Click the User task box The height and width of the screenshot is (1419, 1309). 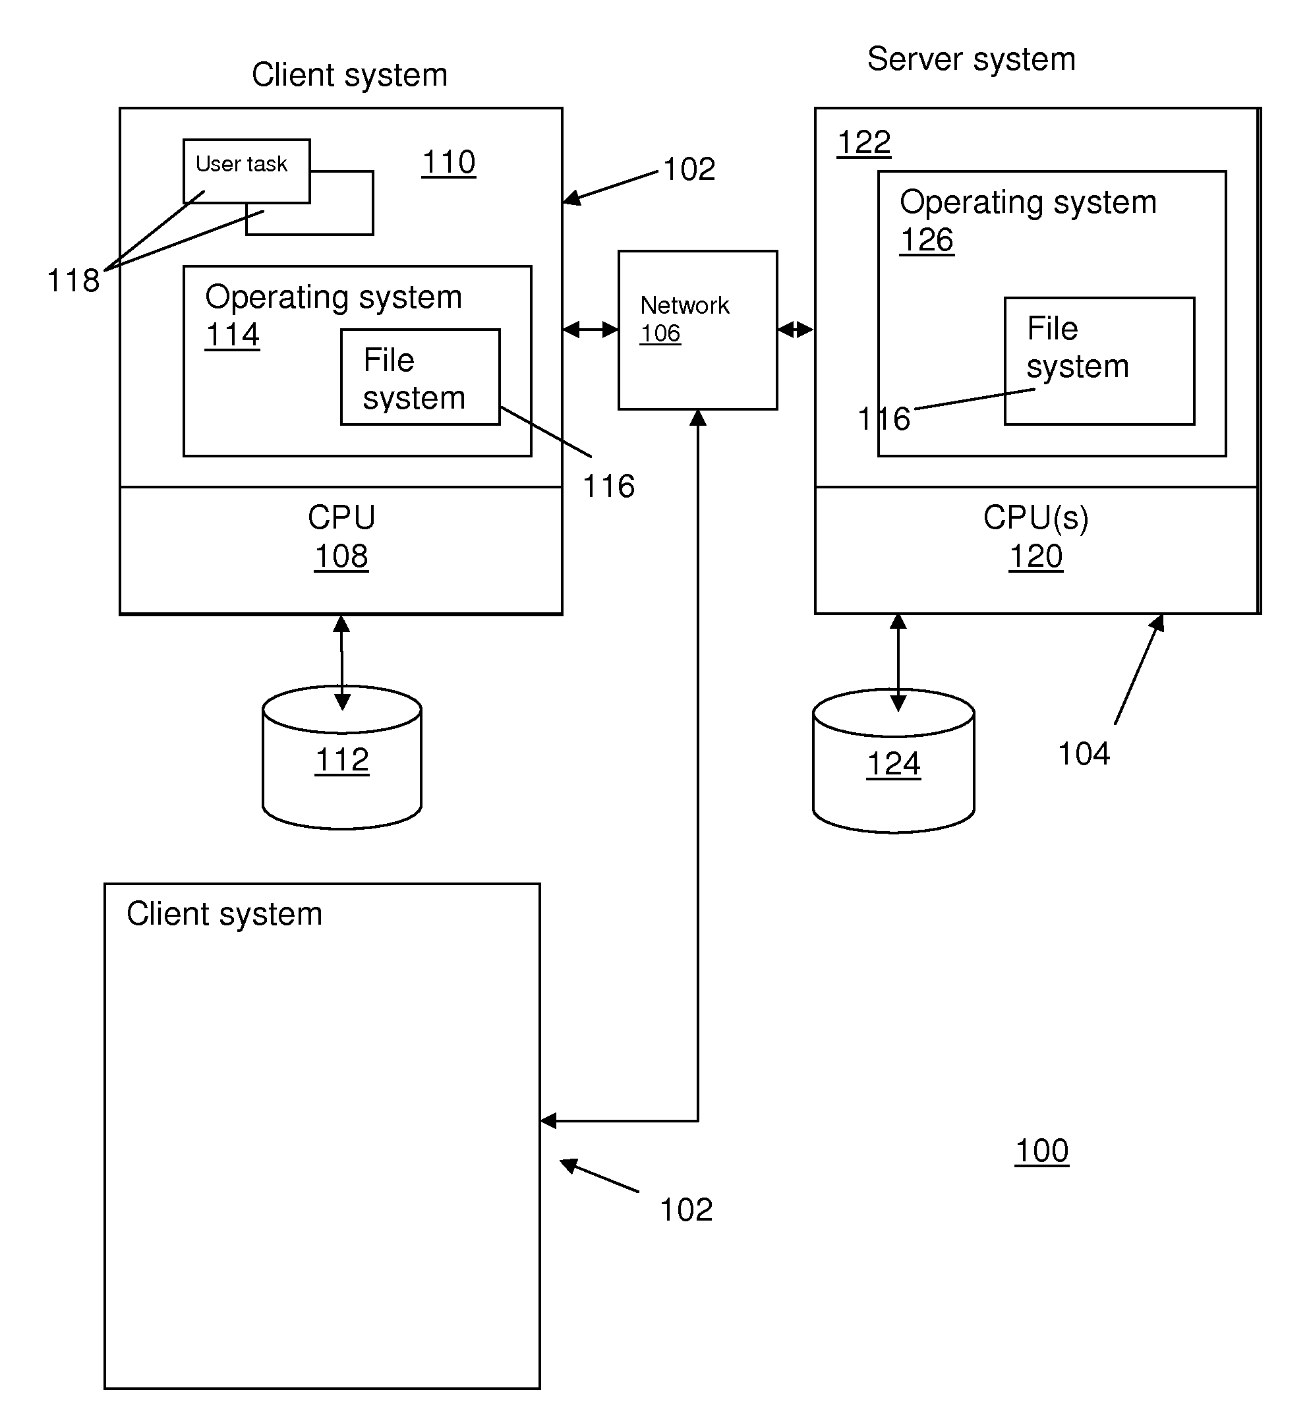tap(246, 170)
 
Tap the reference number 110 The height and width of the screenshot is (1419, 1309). tap(448, 162)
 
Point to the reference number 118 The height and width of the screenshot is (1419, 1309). tap(73, 281)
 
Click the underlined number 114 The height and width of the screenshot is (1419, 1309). tap(232, 334)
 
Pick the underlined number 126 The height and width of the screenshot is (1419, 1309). tap(927, 240)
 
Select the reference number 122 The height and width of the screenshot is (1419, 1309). tap(863, 142)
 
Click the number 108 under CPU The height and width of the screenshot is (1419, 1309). tap(341, 556)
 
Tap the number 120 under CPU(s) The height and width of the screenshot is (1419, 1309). tap(1035, 556)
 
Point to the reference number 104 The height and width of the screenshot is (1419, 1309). tap(1083, 753)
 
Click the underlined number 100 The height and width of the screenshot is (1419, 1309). tap(1041, 1151)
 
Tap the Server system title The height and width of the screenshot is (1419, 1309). tap(971, 59)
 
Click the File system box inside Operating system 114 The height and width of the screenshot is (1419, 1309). tap(420, 378)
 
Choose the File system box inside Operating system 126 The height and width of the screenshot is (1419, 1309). tap(1099, 361)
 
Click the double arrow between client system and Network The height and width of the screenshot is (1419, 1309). tap(590, 330)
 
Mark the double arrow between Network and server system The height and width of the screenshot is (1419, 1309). tap(796, 330)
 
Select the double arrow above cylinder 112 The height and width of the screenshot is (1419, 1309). tap(341, 662)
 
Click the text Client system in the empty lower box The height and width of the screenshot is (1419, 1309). tap(224, 914)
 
